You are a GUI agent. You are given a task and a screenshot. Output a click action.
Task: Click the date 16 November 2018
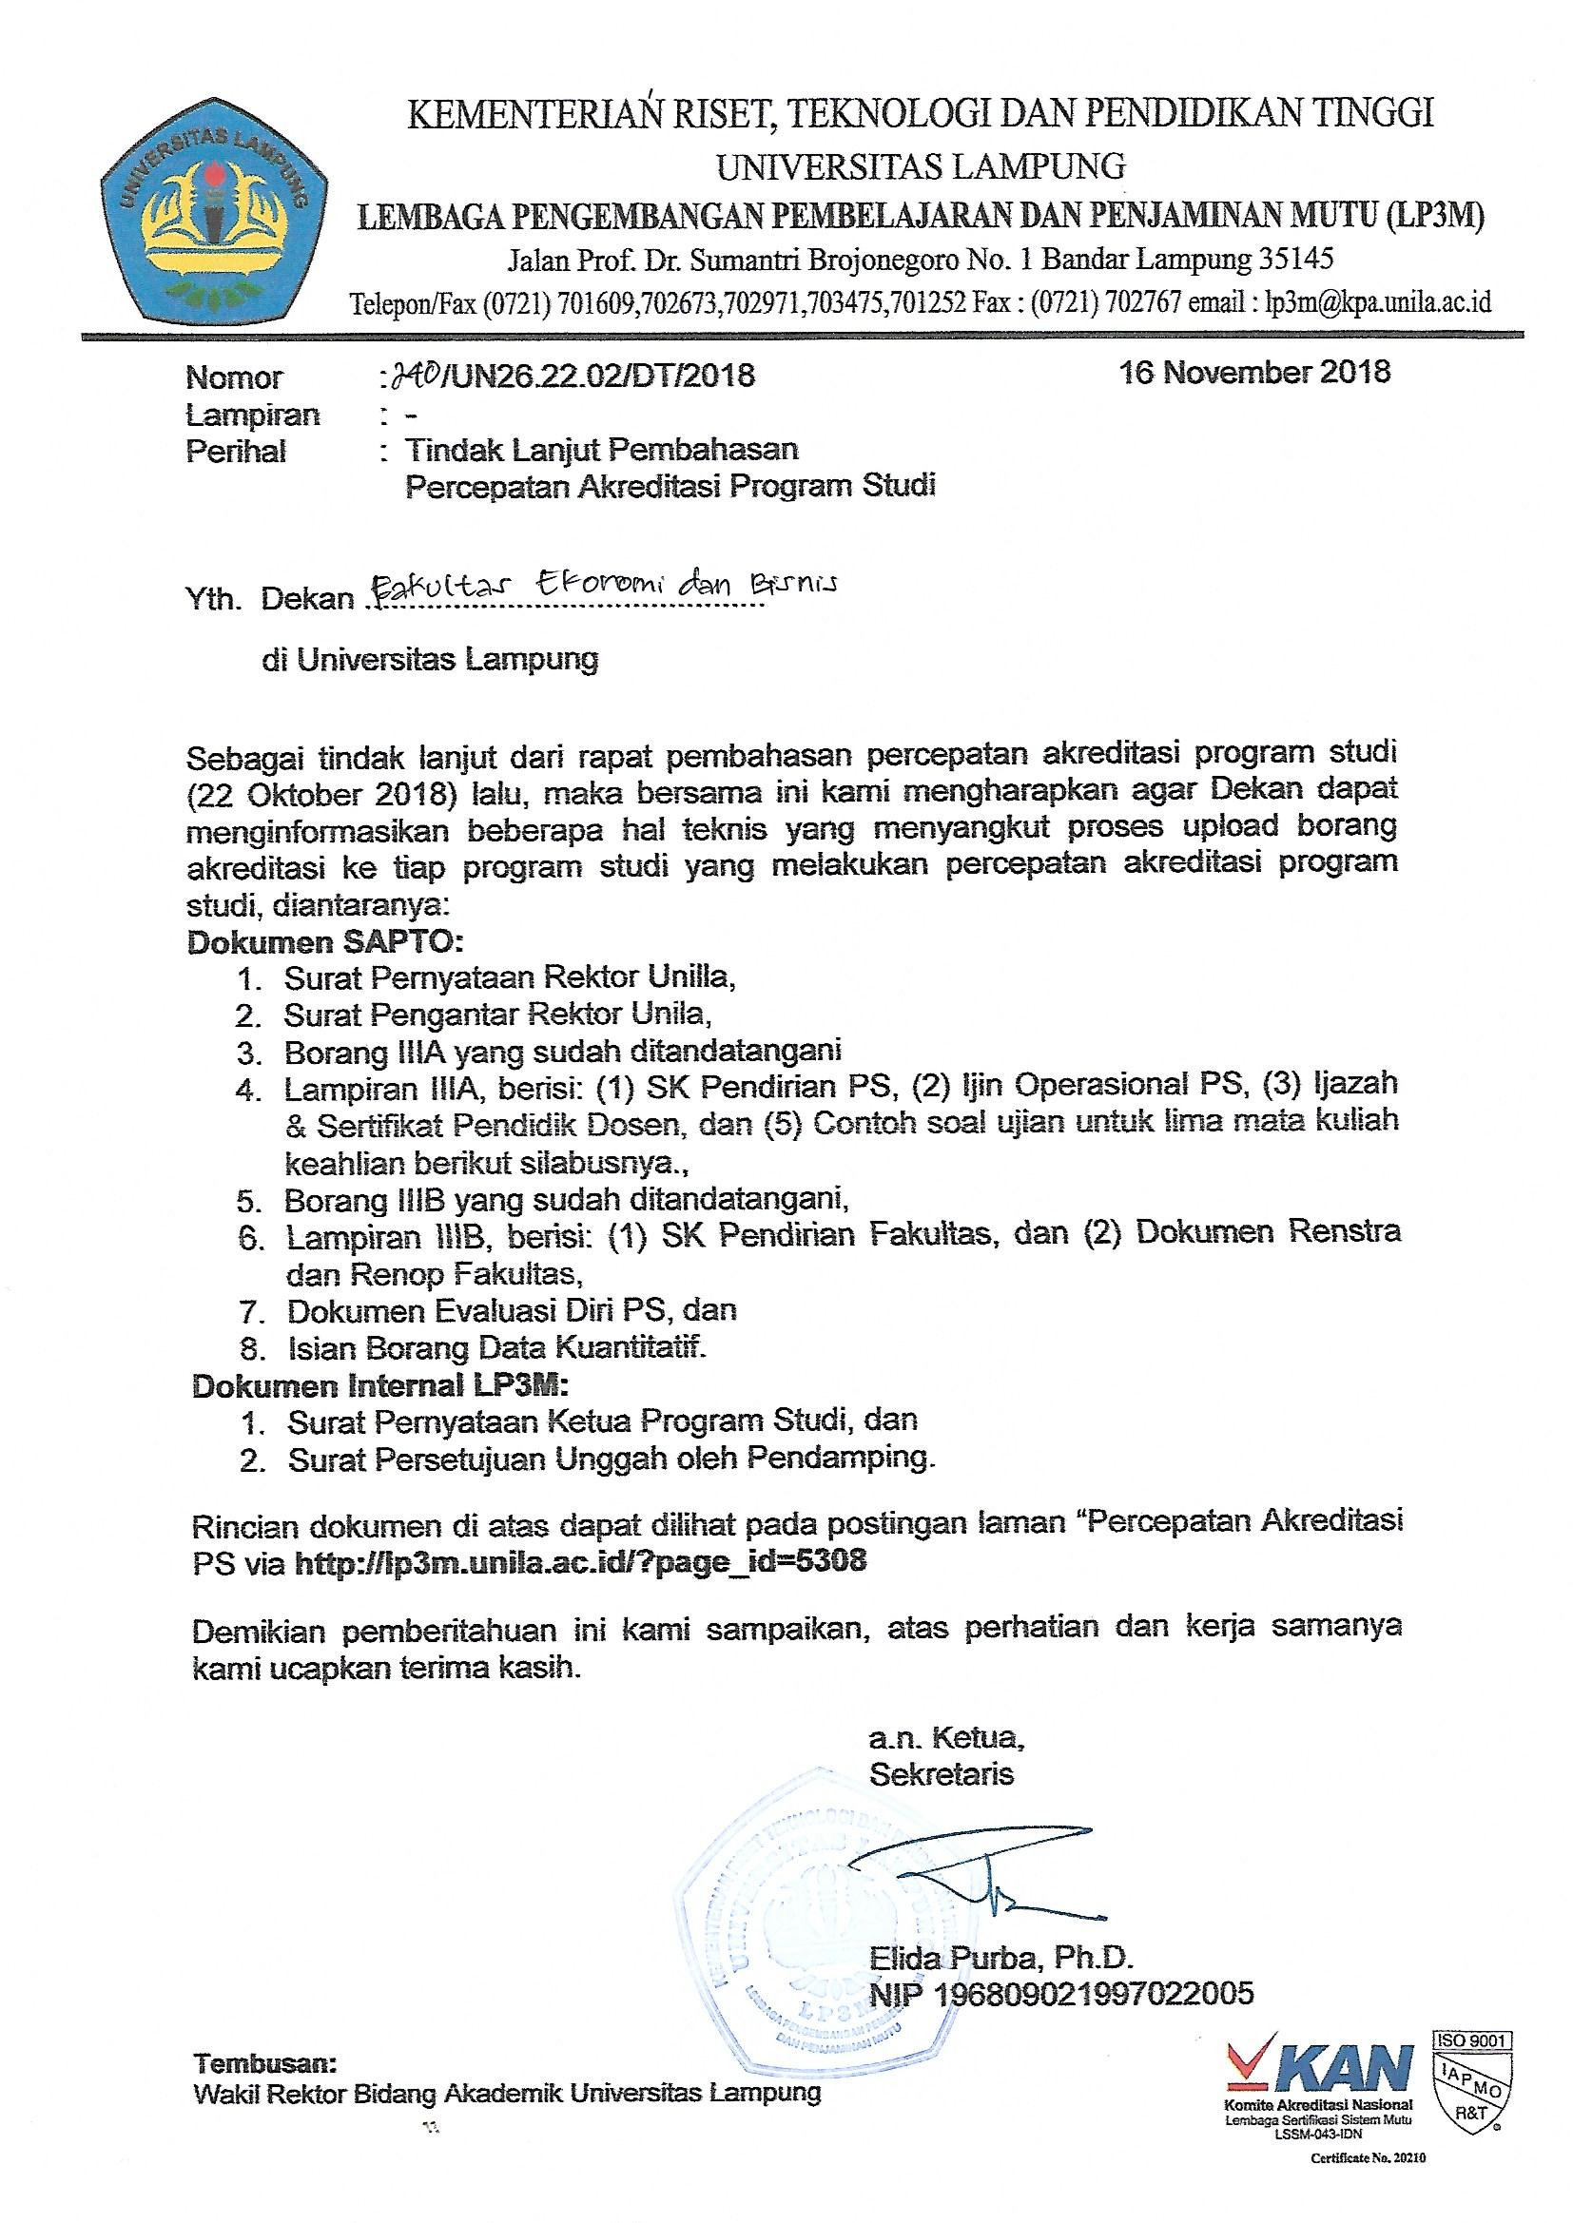pyautogui.click(x=1254, y=372)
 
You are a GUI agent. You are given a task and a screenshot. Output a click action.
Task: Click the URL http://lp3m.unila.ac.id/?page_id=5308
pyautogui.click(x=580, y=1563)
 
